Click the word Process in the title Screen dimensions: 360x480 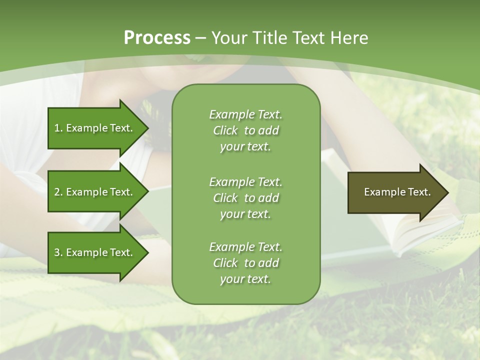point(157,38)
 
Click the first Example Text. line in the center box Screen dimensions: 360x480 point(245,114)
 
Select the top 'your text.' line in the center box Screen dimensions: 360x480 point(245,146)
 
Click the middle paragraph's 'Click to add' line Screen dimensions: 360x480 point(245,198)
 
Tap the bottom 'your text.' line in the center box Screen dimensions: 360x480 point(245,279)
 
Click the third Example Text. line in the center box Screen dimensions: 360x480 point(245,247)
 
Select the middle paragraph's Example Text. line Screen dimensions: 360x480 point(245,182)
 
